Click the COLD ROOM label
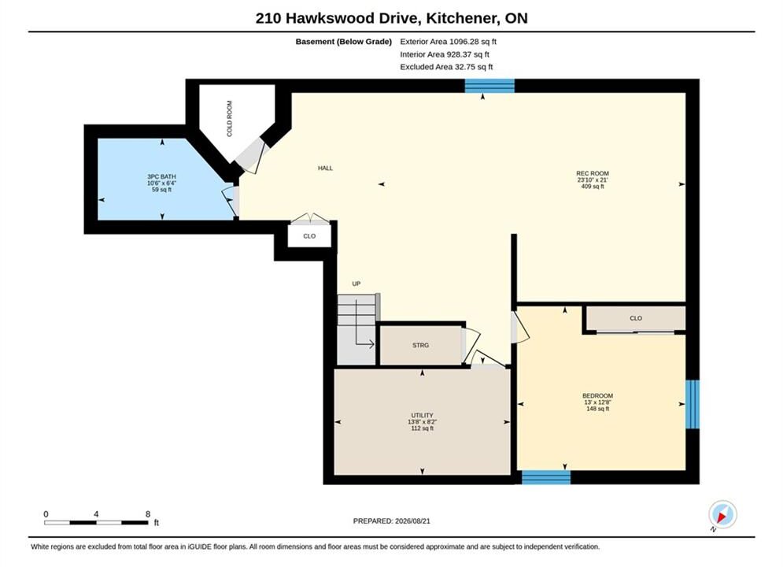(x=229, y=118)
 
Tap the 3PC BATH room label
(x=162, y=176)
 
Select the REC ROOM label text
(x=593, y=173)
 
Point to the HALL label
(x=325, y=169)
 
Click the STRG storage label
(x=420, y=345)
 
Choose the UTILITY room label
(x=422, y=415)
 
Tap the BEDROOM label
(x=597, y=395)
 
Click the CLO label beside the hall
(x=309, y=236)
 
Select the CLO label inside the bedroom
(x=636, y=318)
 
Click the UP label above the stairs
(x=356, y=283)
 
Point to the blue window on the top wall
(x=489, y=86)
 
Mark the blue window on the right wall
(x=693, y=404)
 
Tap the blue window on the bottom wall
(x=546, y=477)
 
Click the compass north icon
(x=722, y=514)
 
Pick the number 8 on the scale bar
(x=148, y=514)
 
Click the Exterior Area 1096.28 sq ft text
(x=448, y=42)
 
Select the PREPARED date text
(x=392, y=521)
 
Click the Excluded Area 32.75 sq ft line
(x=446, y=67)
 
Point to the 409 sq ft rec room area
(x=593, y=187)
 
